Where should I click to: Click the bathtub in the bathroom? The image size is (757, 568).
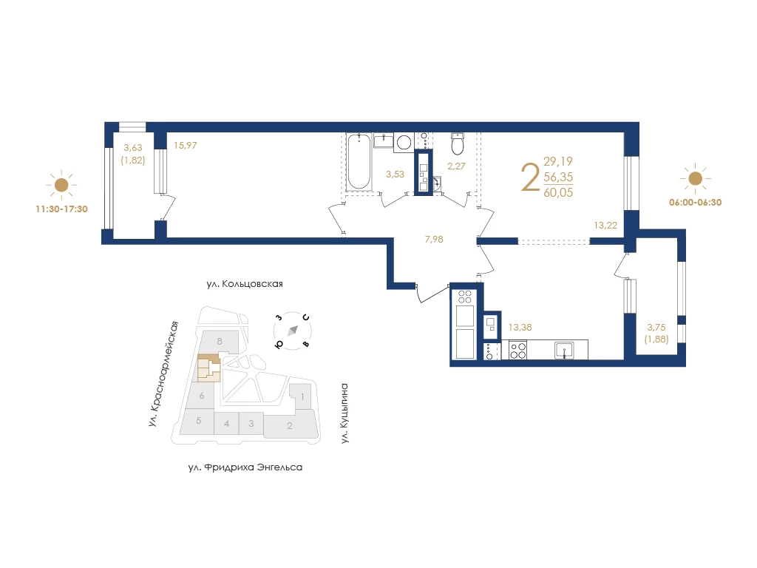pos(359,162)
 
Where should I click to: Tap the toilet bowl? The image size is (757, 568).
pos(458,143)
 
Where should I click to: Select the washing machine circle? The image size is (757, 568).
pos(404,142)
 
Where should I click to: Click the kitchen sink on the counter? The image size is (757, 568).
pos(564,350)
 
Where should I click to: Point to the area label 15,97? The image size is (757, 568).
pos(186,146)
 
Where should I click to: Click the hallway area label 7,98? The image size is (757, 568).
pos(434,239)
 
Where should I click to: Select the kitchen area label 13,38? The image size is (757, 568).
pos(520,327)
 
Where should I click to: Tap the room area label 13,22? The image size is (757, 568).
pos(605,225)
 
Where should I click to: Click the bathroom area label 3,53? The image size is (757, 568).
pos(395,175)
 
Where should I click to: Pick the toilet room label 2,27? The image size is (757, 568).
pos(456,166)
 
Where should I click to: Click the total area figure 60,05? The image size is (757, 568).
pos(558,192)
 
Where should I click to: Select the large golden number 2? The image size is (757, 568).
pos(531,177)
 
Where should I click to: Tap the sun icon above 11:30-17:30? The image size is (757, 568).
pos(61,184)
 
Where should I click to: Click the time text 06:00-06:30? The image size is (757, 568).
pos(695,203)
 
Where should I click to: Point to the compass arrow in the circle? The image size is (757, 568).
pos(293,331)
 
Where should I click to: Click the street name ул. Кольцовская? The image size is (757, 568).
pos(245,284)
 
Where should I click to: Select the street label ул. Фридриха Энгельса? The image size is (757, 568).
pos(245,467)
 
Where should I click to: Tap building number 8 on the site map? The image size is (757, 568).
pos(219,341)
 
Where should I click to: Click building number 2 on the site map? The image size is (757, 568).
pos(290,425)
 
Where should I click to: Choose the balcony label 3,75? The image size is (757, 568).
pos(656,328)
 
